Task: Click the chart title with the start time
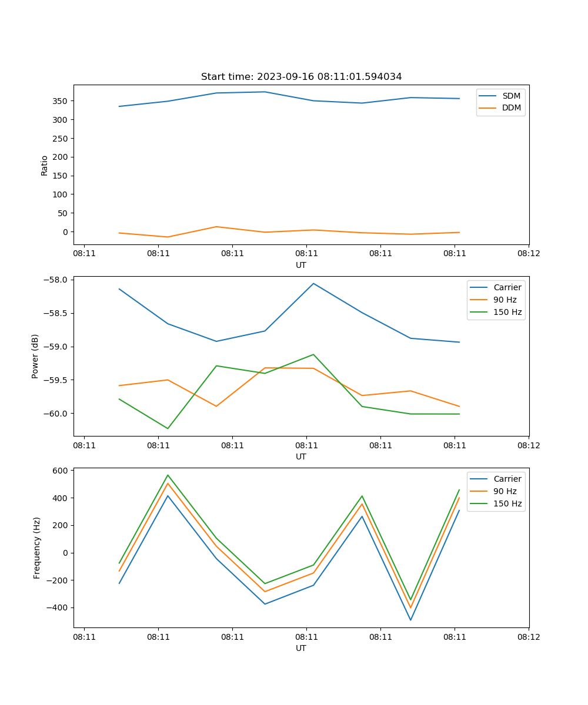301,77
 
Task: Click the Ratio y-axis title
45,165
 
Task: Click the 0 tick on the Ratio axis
66,232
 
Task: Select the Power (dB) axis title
35,356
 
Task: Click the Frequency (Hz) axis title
36,548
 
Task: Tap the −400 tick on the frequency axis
59,607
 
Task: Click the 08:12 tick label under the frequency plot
528,636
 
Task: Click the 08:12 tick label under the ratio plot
528,253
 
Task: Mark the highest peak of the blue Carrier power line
313,283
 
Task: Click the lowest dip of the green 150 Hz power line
168,428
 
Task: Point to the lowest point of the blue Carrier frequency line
410,620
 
